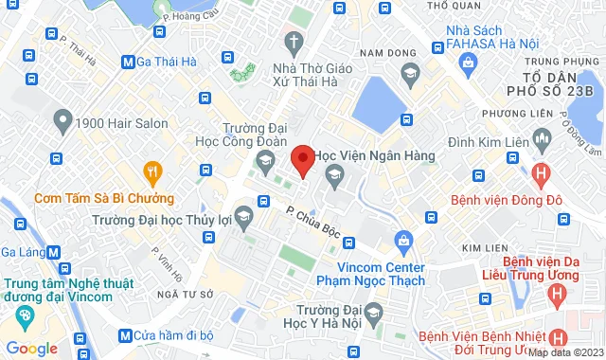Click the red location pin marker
(302, 160)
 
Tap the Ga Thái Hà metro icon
(128, 63)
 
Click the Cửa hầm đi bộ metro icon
(125, 335)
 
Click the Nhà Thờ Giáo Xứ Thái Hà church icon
(294, 42)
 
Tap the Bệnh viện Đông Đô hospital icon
(541, 173)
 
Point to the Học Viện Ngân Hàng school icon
(332, 173)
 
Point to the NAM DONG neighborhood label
(383, 51)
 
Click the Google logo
(31, 349)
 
